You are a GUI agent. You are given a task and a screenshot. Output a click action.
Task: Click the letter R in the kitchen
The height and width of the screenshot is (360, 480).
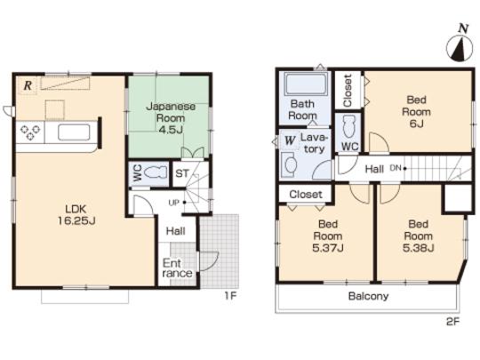[x=28, y=85]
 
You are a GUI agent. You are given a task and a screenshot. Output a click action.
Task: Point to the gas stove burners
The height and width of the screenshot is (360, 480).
[x=30, y=133]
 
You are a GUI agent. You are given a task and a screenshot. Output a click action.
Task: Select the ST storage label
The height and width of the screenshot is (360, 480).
[x=180, y=173]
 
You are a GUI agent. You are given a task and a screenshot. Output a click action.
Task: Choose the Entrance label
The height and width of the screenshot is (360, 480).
[x=174, y=269]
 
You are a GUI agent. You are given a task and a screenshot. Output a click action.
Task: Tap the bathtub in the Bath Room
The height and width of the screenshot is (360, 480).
[x=303, y=87]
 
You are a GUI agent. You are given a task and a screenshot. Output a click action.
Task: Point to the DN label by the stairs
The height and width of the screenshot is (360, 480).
[x=396, y=166]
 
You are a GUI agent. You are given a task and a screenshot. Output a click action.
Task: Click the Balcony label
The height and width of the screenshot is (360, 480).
[x=367, y=297]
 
